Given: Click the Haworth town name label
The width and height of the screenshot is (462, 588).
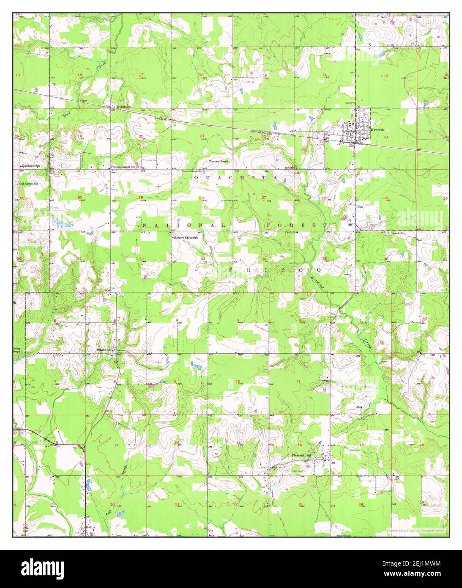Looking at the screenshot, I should (x=377, y=130).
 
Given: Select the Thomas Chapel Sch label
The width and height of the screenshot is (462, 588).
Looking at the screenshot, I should (x=123, y=167).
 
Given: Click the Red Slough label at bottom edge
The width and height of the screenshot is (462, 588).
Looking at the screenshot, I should (x=344, y=536).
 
